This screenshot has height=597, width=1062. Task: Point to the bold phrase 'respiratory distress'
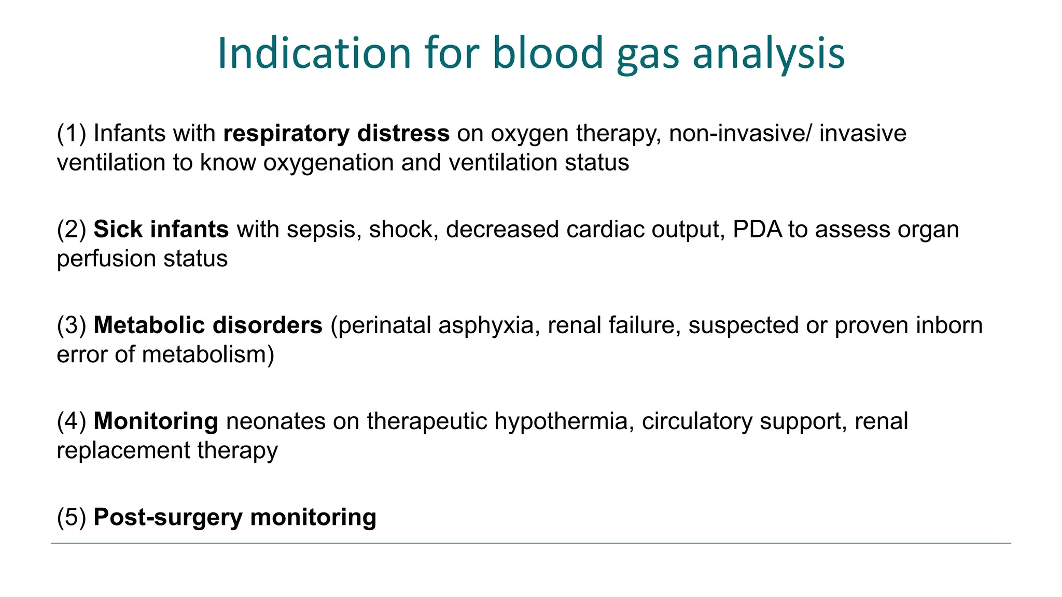pos(336,134)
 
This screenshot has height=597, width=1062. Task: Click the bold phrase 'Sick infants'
pos(161,230)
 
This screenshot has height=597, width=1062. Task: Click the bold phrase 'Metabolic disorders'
pos(208,325)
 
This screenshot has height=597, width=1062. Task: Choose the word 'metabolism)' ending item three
pos(208,355)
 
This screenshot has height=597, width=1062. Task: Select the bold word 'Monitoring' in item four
pos(156,421)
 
